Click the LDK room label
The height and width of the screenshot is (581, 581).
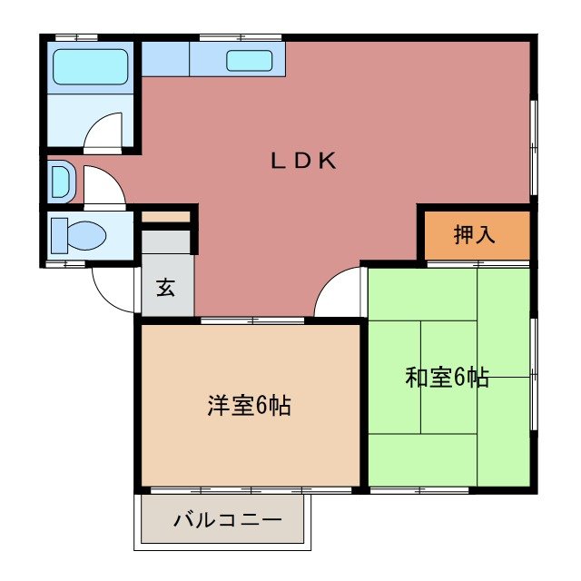pyautogui.click(x=303, y=162)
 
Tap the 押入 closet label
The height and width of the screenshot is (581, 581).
pyautogui.click(x=474, y=234)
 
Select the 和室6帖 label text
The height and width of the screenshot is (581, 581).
pyautogui.click(x=447, y=378)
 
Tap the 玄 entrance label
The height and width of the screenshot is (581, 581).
pyautogui.click(x=166, y=288)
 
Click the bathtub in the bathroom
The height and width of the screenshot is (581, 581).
pyautogui.click(x=90, y=66)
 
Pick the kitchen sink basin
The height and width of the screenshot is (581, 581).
pyautogui.click(x=249, y=61)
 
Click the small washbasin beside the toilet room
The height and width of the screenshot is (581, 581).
pyautogui.click(x=59, y=181)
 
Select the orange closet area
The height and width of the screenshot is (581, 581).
pyautogui.click(x=474, y=234)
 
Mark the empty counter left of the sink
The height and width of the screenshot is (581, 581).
pyautogui.click(x=164, y=60)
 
